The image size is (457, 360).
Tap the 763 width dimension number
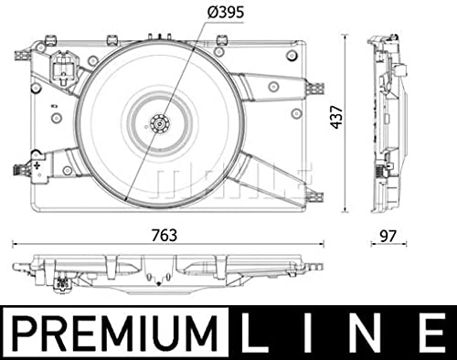[165, 235]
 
